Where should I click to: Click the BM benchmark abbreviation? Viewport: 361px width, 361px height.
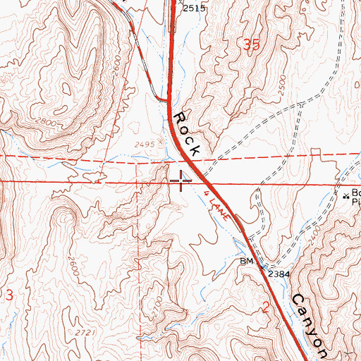[x=245, y=262]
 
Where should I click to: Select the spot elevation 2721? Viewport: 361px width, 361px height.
[x=83, y=331]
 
